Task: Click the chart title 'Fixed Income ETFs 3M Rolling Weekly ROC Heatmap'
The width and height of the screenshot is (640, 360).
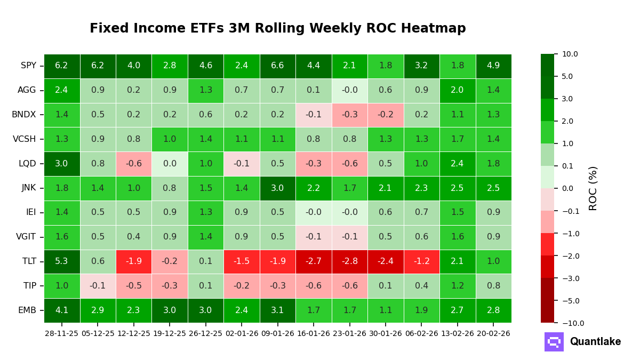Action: tap(277, 29)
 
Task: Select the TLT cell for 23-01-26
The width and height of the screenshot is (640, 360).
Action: tap(349, 261)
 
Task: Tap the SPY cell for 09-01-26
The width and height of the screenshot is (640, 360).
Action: tap(277, 66)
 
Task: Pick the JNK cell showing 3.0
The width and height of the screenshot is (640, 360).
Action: tap(277, 188)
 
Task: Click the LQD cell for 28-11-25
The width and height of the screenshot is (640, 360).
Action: tap(62, 164)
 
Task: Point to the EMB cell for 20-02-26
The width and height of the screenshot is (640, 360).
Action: tap(493, 310)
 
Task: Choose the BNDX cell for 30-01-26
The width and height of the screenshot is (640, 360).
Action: tap(386, 115)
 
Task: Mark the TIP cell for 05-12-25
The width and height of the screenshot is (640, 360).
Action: tap(98, 286)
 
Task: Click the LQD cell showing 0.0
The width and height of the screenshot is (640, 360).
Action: tap(170, 164)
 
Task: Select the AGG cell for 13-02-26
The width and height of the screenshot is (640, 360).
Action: tap(457, 90)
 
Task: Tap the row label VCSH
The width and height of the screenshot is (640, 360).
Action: tap(25, 139)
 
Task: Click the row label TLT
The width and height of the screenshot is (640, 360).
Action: tap(29, 261)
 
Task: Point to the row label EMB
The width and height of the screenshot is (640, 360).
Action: tap(27, 310)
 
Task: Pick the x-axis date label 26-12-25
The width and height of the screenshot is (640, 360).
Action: tap(205, 333)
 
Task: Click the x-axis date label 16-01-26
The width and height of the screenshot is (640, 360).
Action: tap(314, 333)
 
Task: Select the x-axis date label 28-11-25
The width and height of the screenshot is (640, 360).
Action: tap(62, 333)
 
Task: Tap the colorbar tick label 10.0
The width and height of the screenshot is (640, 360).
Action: tap(570, 54)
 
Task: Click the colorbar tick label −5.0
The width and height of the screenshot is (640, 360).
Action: tap(570, 301)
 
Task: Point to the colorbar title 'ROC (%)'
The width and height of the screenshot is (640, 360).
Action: tap(593, 188)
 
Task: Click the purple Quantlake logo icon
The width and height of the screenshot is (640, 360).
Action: tap(554, 342)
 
